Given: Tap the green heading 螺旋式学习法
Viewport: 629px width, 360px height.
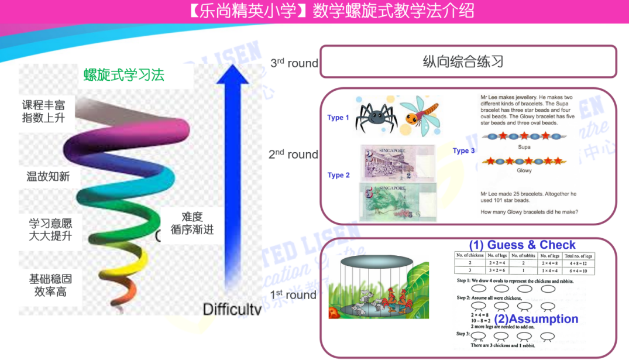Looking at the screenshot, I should click(x=123, y=75).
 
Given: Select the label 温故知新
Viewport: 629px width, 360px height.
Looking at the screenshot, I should click(x=48, y=176).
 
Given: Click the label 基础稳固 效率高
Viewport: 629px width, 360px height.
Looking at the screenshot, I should click(x=51, y=284).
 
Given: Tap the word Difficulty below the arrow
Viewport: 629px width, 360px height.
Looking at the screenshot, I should click(x=232, y=309).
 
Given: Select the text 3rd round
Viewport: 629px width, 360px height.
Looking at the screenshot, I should click(x=294, y=63).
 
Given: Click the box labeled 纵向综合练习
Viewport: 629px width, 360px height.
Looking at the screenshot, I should click(x=468, y=61).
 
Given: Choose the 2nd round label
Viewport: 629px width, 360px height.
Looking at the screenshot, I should click(x=293, y=155).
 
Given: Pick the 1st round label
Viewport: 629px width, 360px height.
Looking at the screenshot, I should click(x=293, y=294).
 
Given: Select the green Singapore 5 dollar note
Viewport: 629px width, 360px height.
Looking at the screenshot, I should click(x=398, y=202).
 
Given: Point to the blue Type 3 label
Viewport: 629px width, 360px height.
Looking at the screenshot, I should click(x=463, y=151).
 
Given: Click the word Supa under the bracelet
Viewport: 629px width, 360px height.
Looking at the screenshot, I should click(x=524, y=147).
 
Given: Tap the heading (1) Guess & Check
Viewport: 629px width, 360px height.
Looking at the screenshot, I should click(x=522, y=245).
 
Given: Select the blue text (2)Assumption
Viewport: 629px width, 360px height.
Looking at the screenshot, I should click(x=536, y=319).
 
